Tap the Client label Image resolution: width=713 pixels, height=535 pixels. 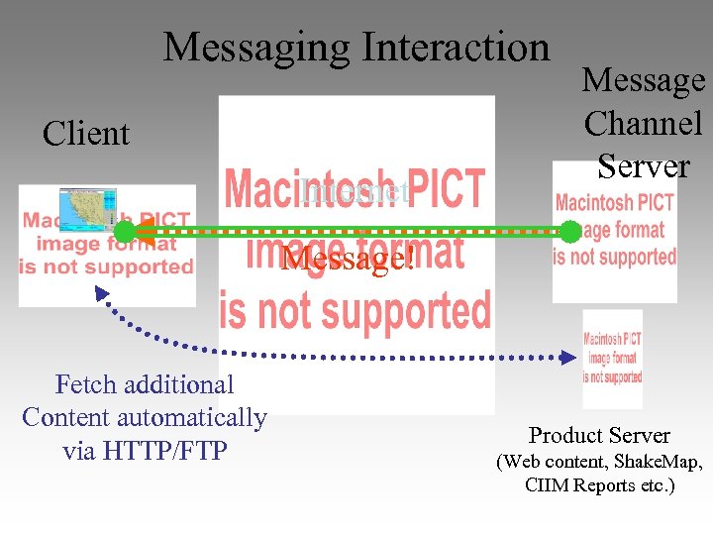[86, 134]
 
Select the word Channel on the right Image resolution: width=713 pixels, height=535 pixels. [644, 123]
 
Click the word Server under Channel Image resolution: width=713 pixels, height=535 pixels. [644, 165]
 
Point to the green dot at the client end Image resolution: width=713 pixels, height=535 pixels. [124, 233]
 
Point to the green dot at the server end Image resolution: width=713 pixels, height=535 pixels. [570, 232]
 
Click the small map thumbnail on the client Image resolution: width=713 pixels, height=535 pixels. [87, 209]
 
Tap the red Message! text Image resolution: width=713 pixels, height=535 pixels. [346, 260]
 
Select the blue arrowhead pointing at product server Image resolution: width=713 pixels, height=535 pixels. [568, 357]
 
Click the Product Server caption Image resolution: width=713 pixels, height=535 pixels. [599, 435]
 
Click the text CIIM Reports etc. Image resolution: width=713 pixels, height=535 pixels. [600, 486]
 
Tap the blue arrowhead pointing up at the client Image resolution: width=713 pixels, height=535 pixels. [100, 293]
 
